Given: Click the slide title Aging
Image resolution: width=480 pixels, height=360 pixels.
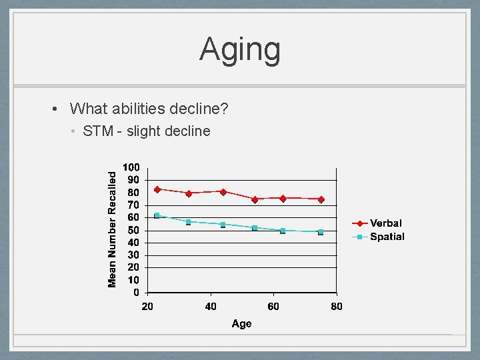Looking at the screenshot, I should point(240,50).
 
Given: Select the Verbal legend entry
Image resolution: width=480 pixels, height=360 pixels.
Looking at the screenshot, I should point(386,223).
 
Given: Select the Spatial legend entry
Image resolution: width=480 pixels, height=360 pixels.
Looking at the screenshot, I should point(387,237).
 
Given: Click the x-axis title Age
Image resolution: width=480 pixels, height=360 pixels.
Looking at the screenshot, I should point(241,323).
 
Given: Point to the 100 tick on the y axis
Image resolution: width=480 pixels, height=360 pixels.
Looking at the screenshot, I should point(131,167).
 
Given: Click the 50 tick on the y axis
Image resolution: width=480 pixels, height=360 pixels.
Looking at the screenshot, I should point(133,230).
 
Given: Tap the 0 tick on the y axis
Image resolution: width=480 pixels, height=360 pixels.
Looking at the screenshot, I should point(136,293).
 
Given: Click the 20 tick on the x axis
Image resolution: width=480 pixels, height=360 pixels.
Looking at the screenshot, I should point(147,307).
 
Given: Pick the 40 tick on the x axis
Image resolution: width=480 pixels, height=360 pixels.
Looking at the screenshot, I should point(211,307).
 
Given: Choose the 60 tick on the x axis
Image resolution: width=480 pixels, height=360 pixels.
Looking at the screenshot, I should point(273,307).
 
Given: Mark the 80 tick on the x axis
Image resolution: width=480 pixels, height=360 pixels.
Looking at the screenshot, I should point(337,307).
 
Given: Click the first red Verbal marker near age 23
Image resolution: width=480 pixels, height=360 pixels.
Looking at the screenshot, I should point(157,189).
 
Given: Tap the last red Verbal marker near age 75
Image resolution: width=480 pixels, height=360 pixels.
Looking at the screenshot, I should point(321,199).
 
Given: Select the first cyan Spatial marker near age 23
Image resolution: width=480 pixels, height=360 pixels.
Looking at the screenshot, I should point(157,215).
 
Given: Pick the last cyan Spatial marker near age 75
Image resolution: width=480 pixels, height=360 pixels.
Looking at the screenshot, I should point(321,232).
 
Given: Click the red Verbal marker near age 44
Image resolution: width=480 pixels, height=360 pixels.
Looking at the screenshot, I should point(223,192).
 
